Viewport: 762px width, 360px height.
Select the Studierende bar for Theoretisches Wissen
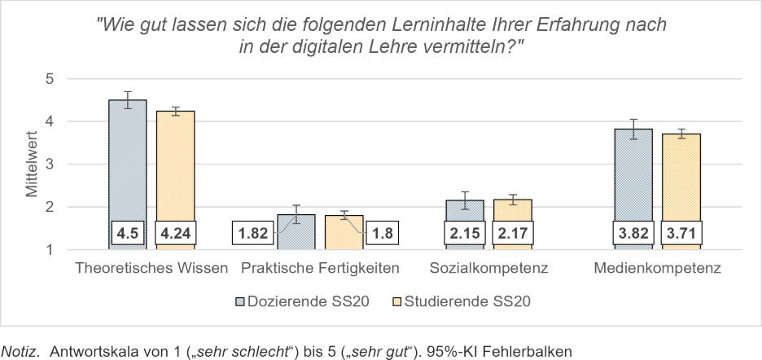(x=175, y=163)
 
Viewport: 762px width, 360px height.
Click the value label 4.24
(x=175, y=235)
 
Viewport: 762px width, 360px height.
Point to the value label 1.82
(x=253, y=235)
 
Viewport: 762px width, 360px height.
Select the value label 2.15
(x=465, y=235)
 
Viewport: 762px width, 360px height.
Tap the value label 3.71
(x=681, y=235)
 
